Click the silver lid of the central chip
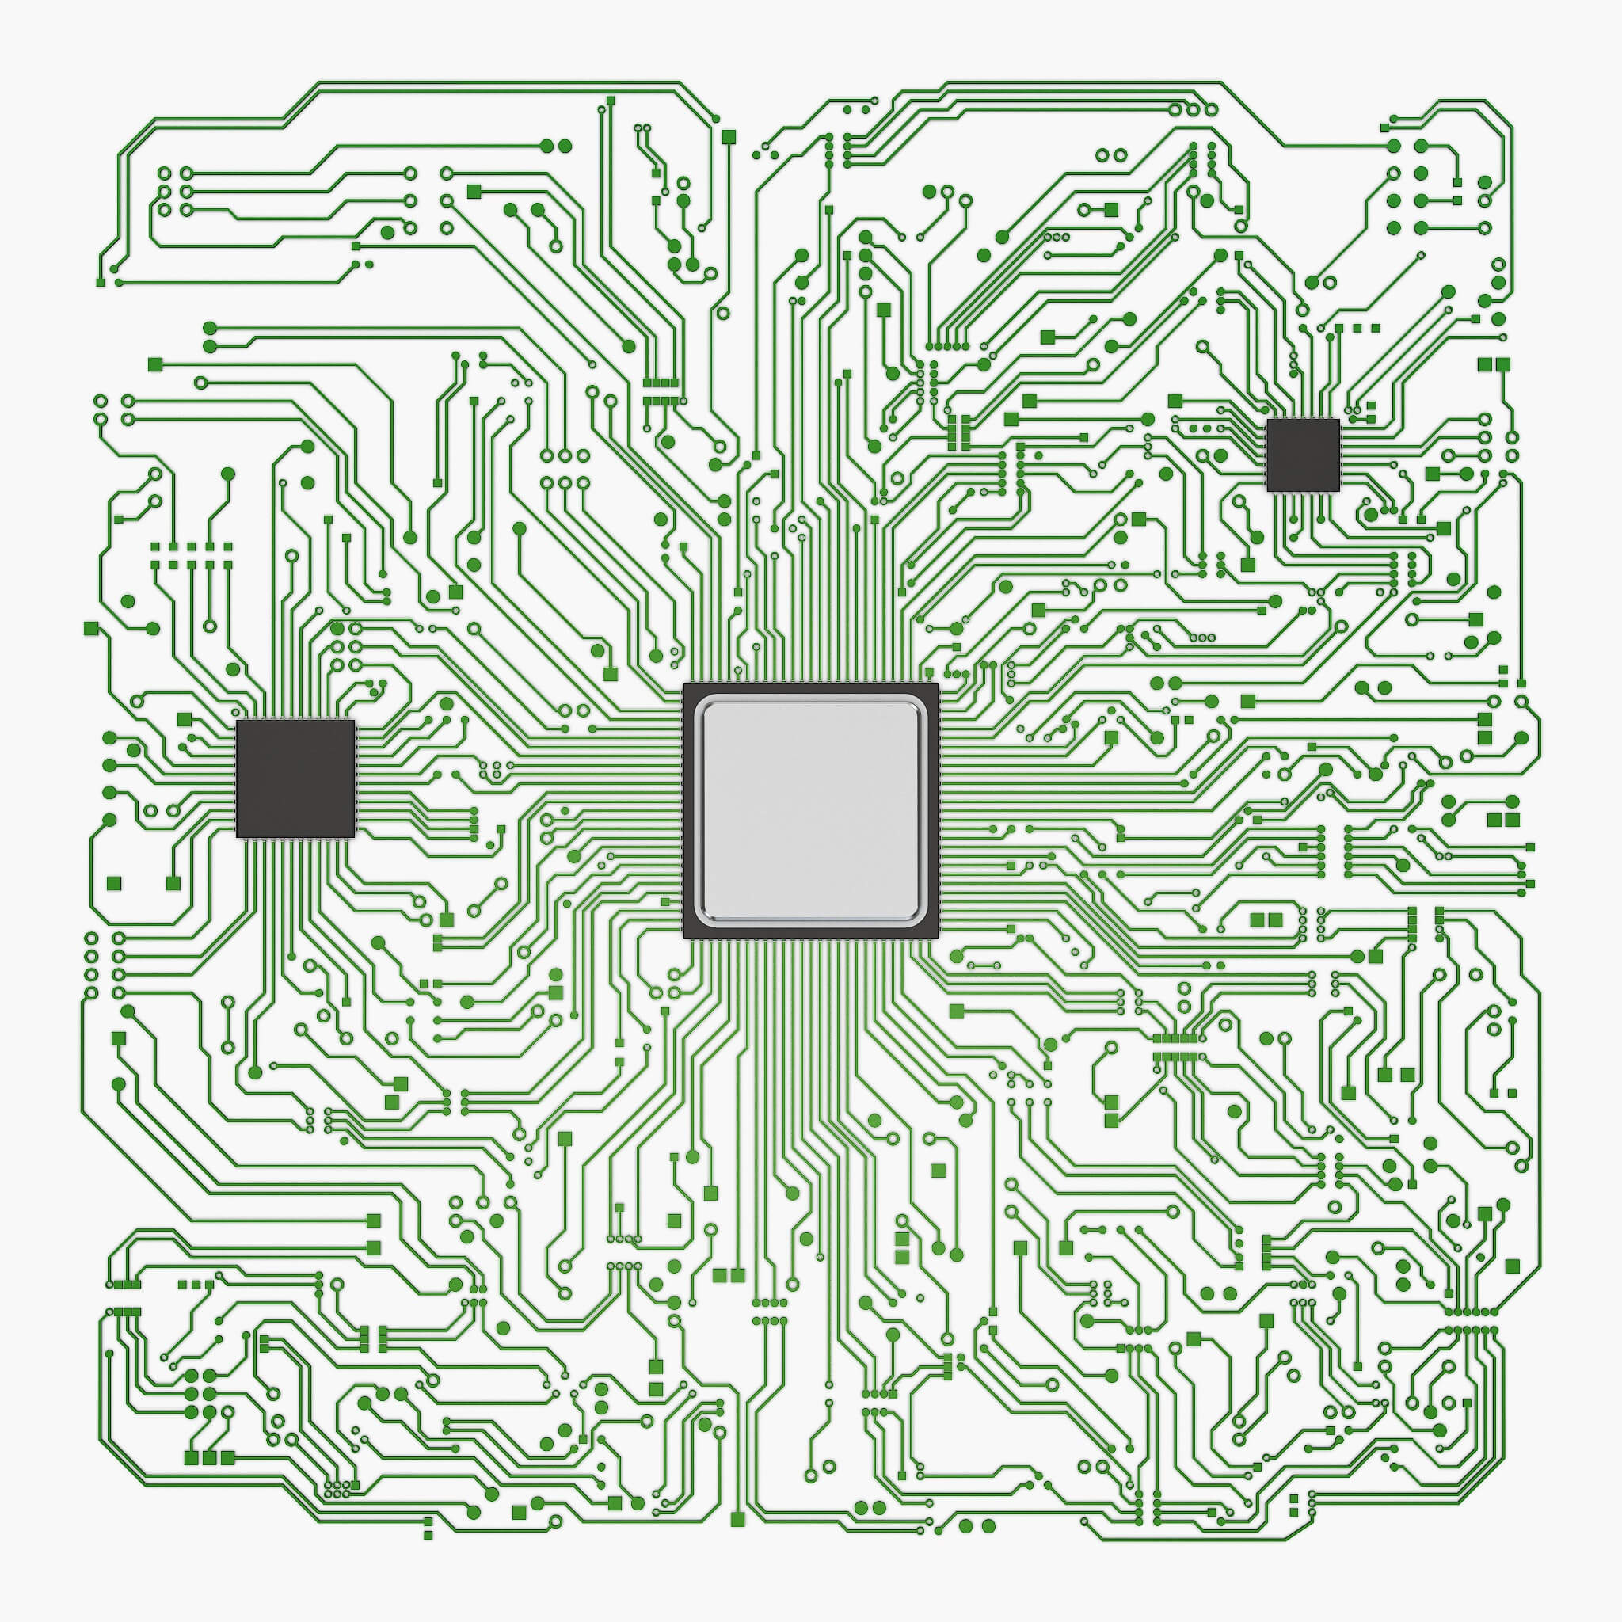(x=810, y=810)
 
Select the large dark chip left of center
(x=295, y=779)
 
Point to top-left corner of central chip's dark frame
(x=685, y=684)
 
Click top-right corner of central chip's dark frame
(x=937, y=684)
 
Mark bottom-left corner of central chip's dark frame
(x=685, y=937)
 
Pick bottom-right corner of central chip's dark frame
(x=937, y=937)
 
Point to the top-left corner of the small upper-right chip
(x=1268, y=420)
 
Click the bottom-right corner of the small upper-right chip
(x=1338, y=490)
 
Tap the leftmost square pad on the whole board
(x=90, y=628)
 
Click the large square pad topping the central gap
(x=729, y=136)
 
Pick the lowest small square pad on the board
(x=428, y=1535)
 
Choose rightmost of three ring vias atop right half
(x=1212, y=109)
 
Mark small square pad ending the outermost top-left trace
(x=101, y=282)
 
